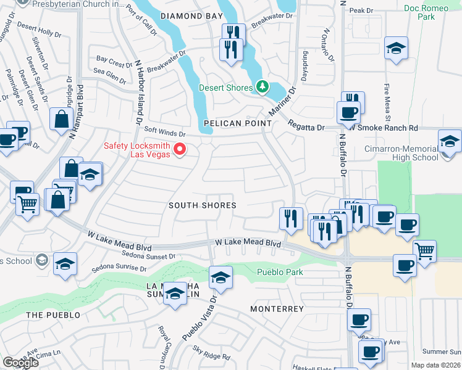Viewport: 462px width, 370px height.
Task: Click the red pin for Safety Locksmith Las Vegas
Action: tap(180, 149)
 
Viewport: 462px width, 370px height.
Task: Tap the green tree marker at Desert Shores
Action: tap(262, 87)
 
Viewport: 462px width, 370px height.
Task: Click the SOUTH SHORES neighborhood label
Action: tap(203, 205)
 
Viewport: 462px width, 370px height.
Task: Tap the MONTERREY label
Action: tap(277, 308)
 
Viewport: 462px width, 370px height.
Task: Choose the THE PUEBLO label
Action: tap(53, 314)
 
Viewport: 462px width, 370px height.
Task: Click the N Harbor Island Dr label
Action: tap(135, 93)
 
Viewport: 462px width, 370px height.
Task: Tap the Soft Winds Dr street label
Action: tap(165, 133)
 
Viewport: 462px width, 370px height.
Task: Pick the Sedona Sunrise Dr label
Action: tap(119, 269)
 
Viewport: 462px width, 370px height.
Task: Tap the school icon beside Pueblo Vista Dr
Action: tap(220, 278)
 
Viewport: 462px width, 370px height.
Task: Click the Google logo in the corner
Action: tap(20, 362)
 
